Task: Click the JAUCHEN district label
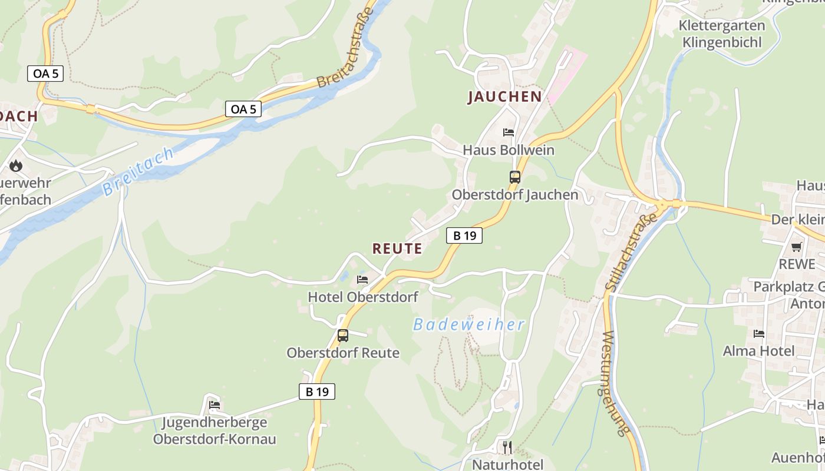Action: click(504, 97)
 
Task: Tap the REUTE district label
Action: click(397, 248)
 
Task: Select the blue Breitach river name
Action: click(138, 172)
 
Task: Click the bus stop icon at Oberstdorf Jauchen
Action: click(514, 177)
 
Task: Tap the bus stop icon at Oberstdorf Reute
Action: click(342, 336)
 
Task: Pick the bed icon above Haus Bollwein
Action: click(508, 132)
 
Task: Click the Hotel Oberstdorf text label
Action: click(363, 297)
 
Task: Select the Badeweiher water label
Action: click(468, 324)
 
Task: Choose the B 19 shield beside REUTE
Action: click(464, 235)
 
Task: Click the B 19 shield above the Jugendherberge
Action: click(316, 392)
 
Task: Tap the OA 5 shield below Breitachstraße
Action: click(243, 109)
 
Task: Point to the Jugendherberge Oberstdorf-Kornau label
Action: click(214, 431)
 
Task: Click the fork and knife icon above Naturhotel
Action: click(507, 447)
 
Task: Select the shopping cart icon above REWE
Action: click(797, 247)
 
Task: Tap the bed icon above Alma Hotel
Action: click(758, 334)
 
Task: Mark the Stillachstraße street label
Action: click(631, 251)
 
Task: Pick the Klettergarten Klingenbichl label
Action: click(721, 34)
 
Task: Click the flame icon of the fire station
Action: click(16, 166)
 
